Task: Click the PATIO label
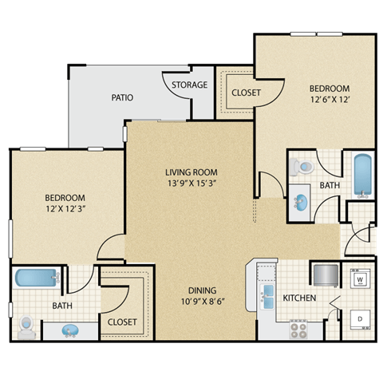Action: pos(122,97)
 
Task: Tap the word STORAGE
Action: pos(190,85)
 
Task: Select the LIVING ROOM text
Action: pos(191,172)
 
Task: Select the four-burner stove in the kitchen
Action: pos(299,327)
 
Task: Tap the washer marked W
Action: pos(360,279)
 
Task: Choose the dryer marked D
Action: pos(360,318)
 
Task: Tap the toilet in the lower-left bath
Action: pos(27,326)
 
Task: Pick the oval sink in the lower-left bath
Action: pos(70,329)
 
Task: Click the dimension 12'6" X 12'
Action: pos(330,101)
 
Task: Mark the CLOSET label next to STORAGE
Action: pos(246,93)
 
